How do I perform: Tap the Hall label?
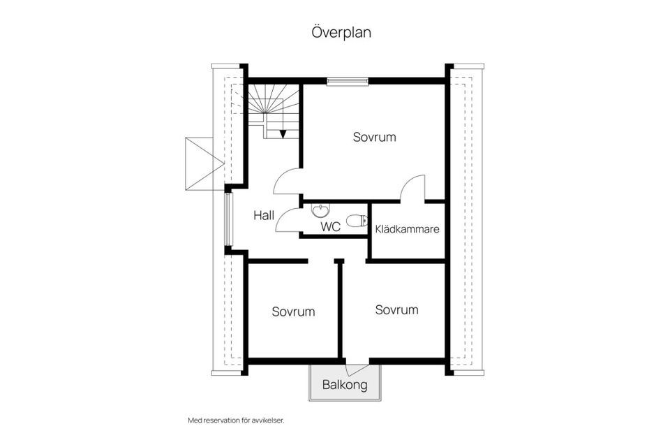point(265,215)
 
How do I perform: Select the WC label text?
point(330,227)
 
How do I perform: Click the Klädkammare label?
point(407,228)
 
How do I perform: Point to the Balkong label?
point(345,385)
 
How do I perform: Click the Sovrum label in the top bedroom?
point(374,137)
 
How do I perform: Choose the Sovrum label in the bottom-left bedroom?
point(293,312)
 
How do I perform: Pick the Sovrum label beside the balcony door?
point(396,309)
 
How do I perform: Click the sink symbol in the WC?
point(320,211)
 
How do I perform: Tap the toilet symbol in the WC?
point(357,221)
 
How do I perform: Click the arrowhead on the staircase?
point(283,134)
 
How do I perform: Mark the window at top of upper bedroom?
point(348,81)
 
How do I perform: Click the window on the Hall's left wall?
point(228,219)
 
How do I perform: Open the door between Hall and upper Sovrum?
point(288,183)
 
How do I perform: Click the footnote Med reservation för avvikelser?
point(237,420)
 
